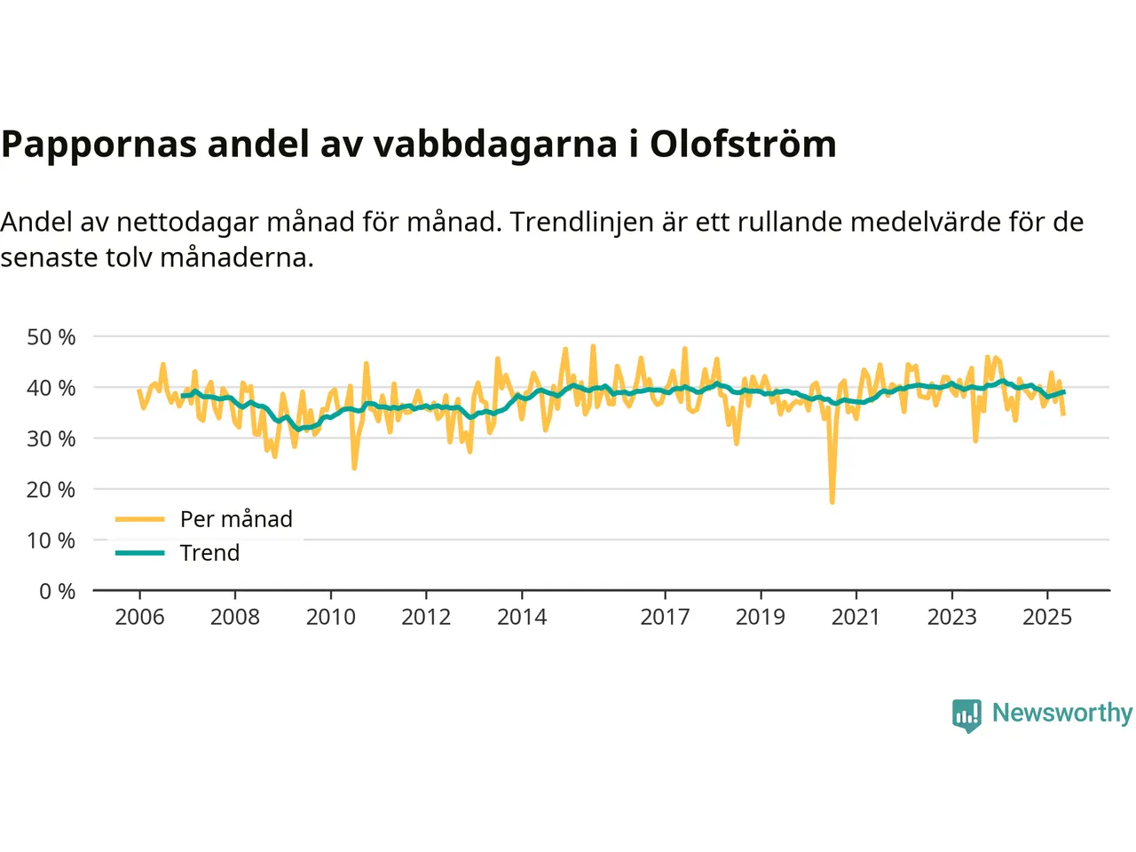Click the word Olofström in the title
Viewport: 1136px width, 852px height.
pyautogui.click(x=743, y=145)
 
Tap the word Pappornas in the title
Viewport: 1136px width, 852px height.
pyautogui.click(x=99, y=145)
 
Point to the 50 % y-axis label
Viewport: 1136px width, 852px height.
pyautogui.click(x=51, y=337)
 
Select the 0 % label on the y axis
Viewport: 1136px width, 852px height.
pyautogui.click(x=58, y=591)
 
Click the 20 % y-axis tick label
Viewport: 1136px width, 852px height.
pyautogui.click(x=51, y=489)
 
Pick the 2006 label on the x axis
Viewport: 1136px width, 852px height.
pyautogui.click(x=139, y=617)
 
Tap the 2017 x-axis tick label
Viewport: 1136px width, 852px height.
pyautogui.click(x=665, y=617)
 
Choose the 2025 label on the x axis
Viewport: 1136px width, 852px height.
pyautogui.click(x=1047, y=617)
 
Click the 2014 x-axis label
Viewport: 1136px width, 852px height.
pyautogui.click(x=522, y=617)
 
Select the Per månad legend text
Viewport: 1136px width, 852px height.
pyautogui.click(x=236, y=519)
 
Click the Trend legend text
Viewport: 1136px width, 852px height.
pyautogui.click(x=209, y=553)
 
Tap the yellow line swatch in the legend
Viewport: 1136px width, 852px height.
pyautogui.click(x=140, y=519)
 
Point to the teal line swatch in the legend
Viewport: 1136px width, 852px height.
pyautogui.click(x=140, y=553)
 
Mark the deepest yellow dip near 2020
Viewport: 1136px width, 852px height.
pyautogui.click(x=832, y=502)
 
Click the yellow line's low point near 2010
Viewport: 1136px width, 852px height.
pyautogui.click(x=354, y=468)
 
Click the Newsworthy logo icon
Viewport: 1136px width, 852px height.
pyautogui.click(x=966, y=714)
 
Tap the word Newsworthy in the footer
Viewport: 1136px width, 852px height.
pyautogui.click(x=1061, y=713)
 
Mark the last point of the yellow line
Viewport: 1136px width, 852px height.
pyautogui.click(x=1063, y=414)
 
